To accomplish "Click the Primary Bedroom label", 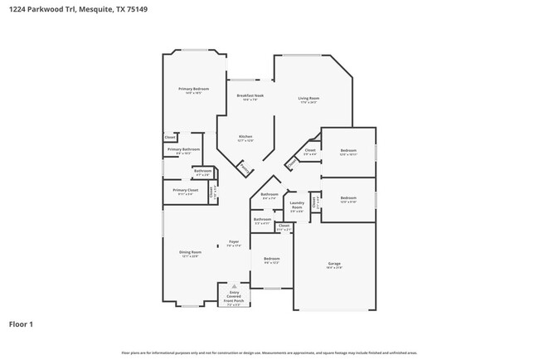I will [193, 89].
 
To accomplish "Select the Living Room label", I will [309, 99].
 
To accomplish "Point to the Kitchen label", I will [245, 136].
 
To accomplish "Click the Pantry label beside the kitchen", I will [244, 168].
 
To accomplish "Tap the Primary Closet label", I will [186, 190].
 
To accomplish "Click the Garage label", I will [334, 263].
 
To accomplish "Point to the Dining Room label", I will [190, 252].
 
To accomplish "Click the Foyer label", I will [235, 241].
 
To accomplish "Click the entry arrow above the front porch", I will [234, 282].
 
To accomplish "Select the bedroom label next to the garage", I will [272, 259].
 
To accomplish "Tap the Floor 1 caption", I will [21, 324].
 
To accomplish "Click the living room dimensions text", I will [309, 103].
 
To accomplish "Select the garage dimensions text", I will [334, 267].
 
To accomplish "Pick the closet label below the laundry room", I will [284, 226].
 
